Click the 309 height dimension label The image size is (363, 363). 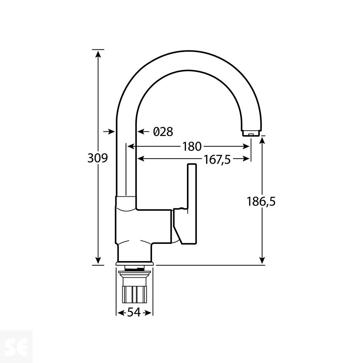point(98,158)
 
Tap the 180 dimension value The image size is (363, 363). point(192,147)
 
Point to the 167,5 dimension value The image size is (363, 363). point(217,159)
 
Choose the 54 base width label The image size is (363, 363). point(134,313)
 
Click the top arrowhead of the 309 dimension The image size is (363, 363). point(98,54)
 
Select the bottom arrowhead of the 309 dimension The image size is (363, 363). point(98,260)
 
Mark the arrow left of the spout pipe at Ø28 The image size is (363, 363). point(110,131)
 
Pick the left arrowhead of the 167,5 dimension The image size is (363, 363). point(140,159)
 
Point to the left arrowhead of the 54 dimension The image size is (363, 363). point(119,313)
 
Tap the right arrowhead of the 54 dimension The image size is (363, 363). point(149,313)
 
